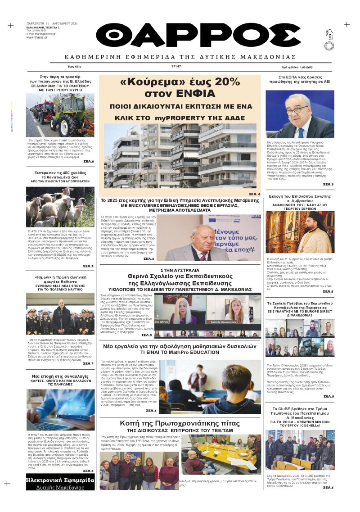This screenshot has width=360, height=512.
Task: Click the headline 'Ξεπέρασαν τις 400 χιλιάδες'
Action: [x=60, y=172]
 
